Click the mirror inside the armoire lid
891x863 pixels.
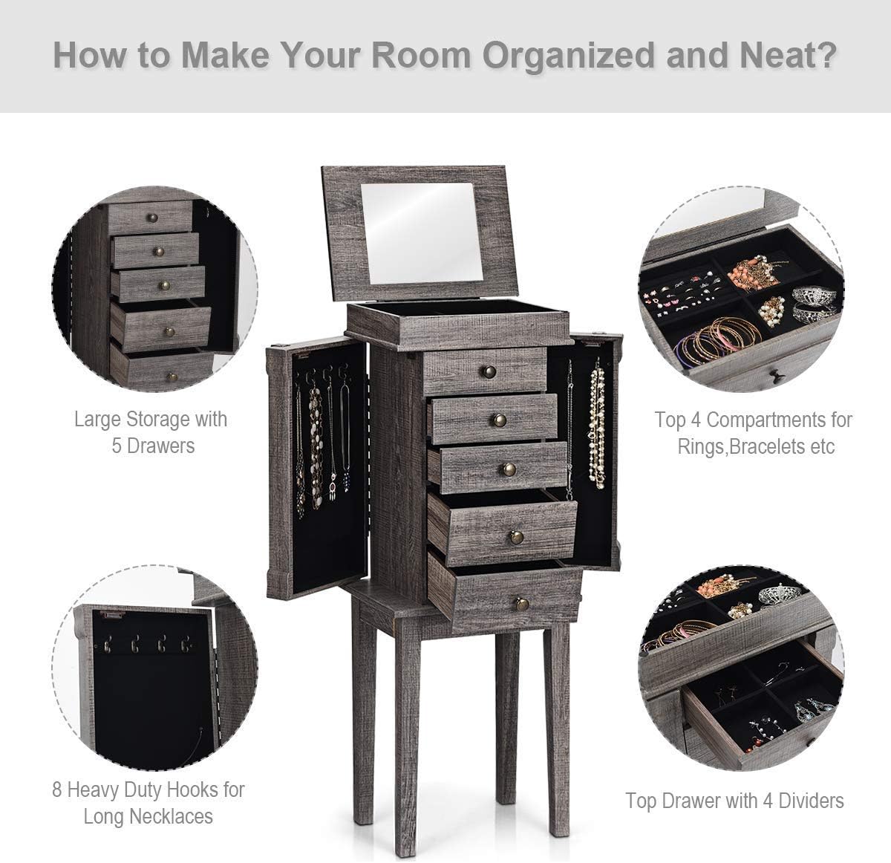pyautogui.click(x=421, y=232)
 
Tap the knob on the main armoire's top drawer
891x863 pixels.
pyautogui.click(x=489, y=371)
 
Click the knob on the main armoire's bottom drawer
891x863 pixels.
pyautogui.click(x=520, y=604)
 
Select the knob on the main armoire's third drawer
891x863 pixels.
pyautogui.click(x=509, y=469)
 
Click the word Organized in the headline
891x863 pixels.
pyautogui.click(x=569, y=56)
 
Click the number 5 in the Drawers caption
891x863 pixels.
pyautogui.click(x=117, y=446)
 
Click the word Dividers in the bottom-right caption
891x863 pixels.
pyautogui.click(x=811, y=801)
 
